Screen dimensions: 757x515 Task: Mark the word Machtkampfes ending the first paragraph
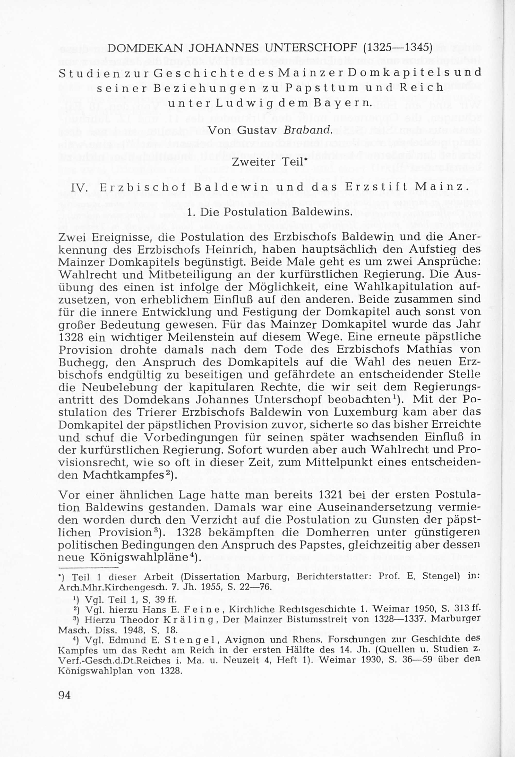coord(122,475)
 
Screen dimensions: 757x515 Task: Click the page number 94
coord(64,695)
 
